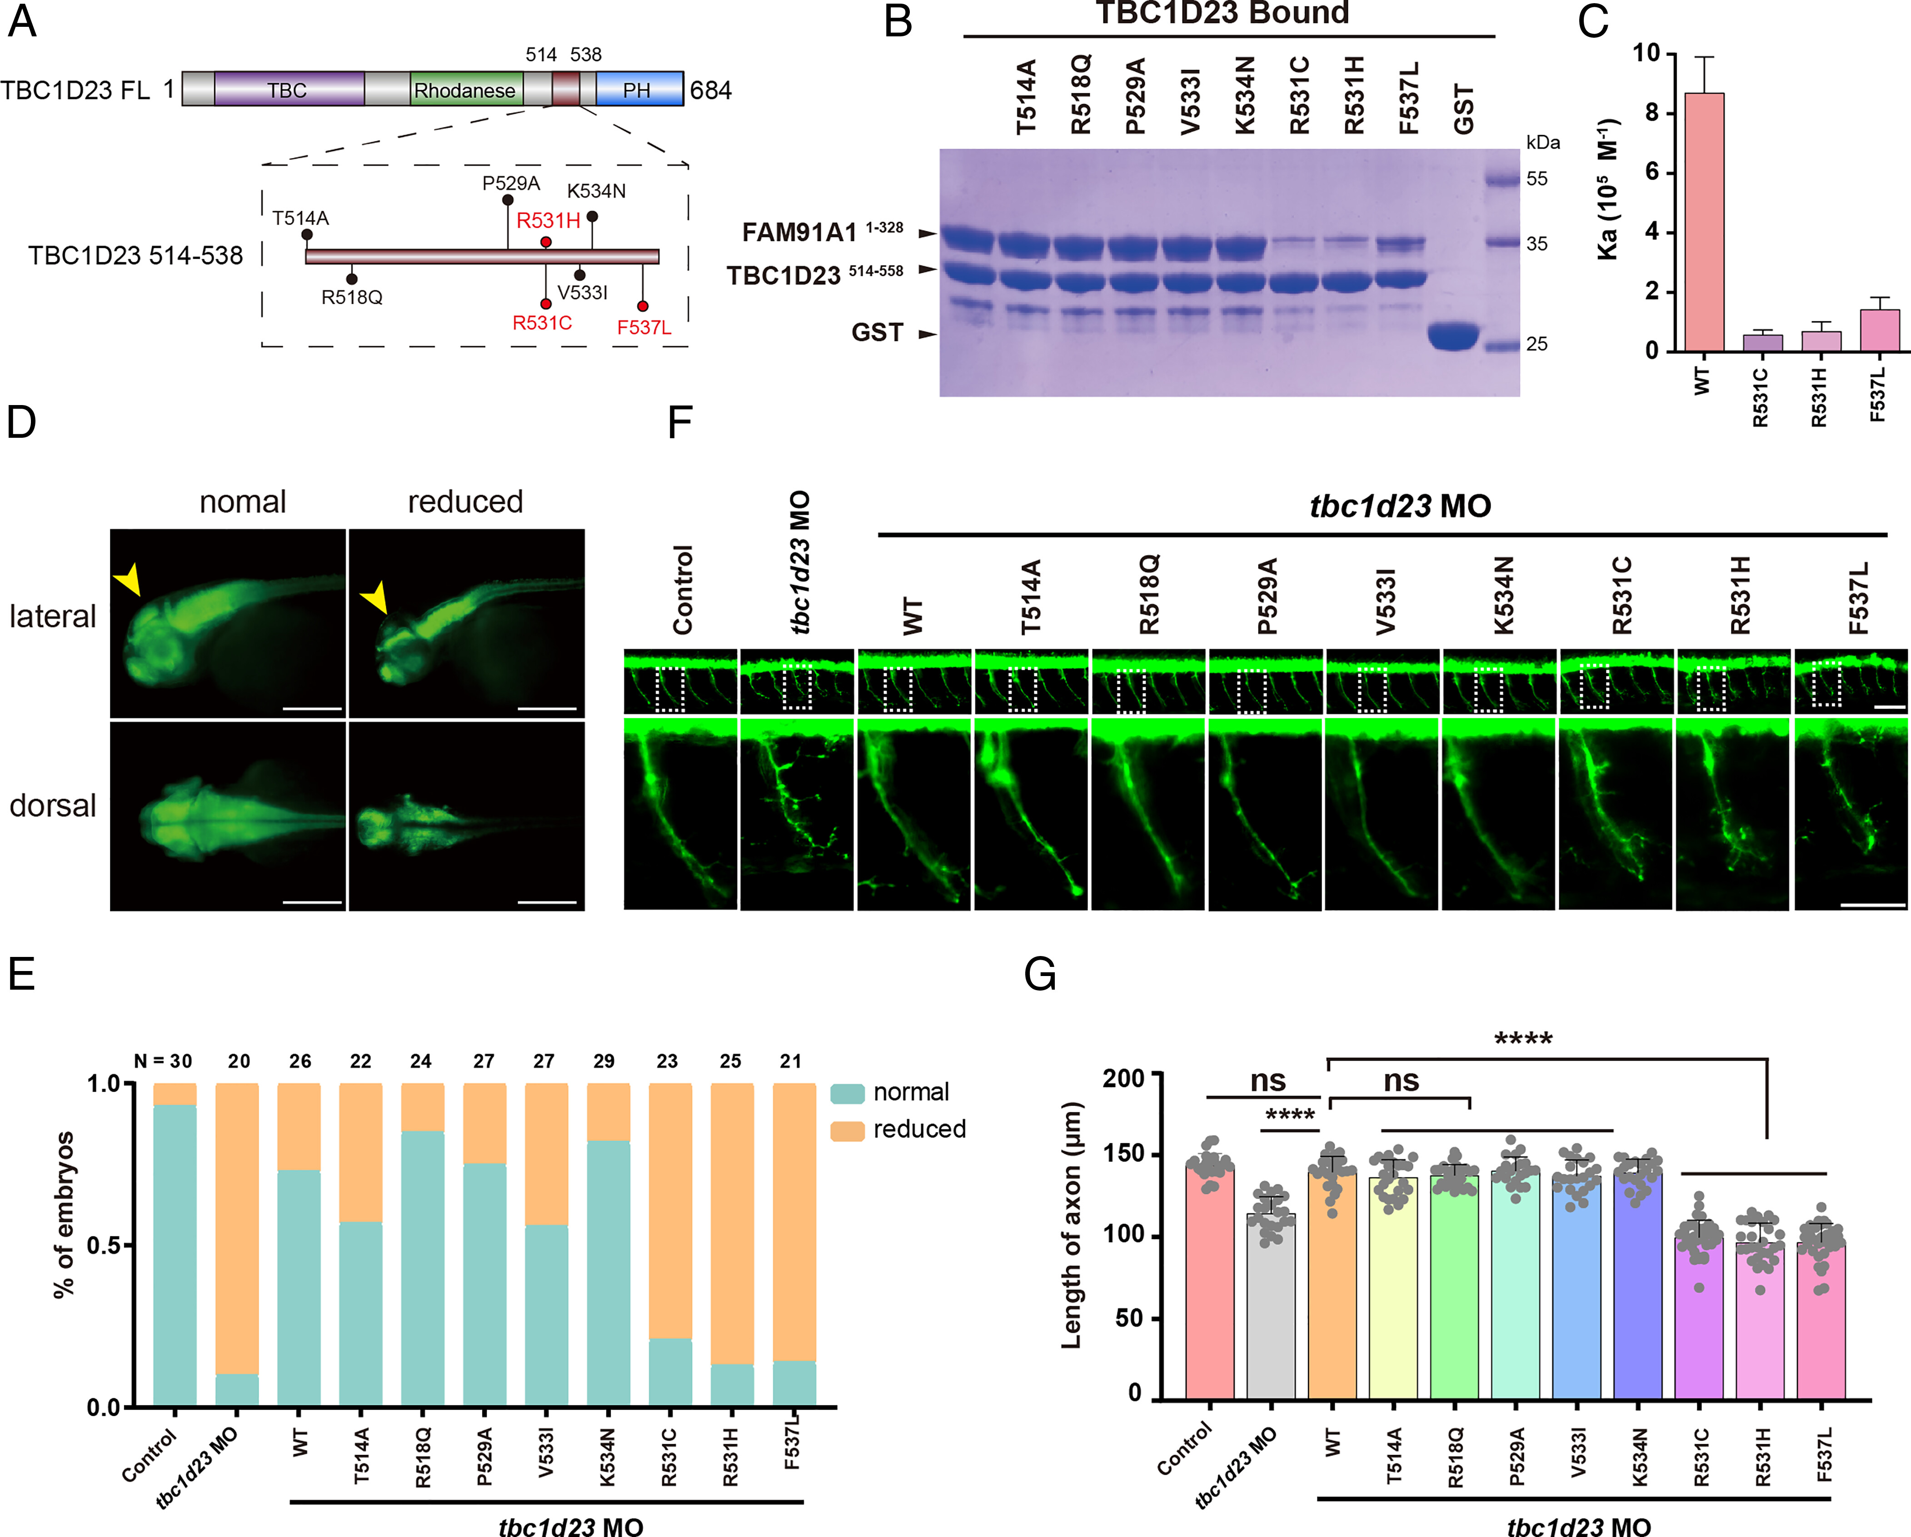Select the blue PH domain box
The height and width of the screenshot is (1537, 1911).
(639, 90)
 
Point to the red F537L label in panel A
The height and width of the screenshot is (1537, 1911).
(644, 327)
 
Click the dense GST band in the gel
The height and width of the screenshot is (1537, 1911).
(1454, 336)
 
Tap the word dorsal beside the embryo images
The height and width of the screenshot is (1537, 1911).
(52, 806)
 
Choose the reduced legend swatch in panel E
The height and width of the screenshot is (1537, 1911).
(847, 1130)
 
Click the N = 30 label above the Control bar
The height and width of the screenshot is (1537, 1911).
(163, 1061)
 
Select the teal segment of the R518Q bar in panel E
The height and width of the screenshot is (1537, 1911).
(423, 1268)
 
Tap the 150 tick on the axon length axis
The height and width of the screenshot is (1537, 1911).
(1124, 1154)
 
